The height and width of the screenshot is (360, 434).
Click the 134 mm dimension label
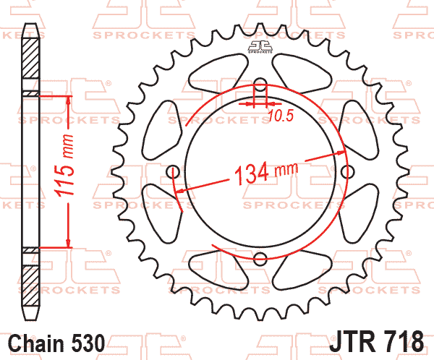[266, 173]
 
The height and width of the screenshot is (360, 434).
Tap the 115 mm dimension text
[64, 166]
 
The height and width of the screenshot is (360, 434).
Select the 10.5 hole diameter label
[281, 116]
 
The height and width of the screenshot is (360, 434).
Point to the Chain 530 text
[56, 343]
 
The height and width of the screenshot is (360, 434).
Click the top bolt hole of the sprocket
[260, 85]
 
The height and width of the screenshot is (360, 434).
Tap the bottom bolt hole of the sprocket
[260, 259]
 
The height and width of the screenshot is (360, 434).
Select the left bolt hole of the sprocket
[174, 172]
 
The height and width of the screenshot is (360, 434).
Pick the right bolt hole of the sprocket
[347, 172]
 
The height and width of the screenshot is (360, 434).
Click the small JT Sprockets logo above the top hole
[260, 47]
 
